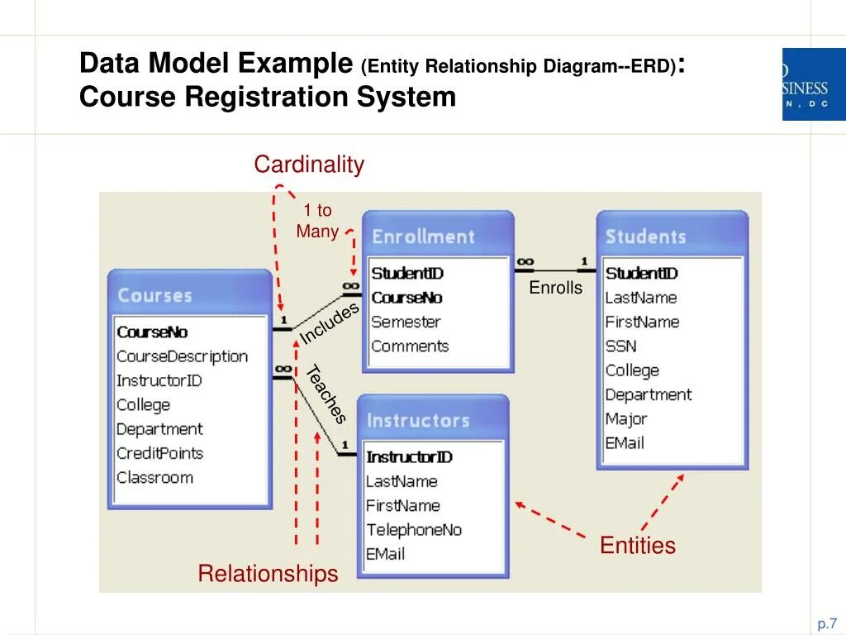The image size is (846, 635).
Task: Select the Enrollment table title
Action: pyautogui.click(x=423, y=236)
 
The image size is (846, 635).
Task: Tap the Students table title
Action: pyautogui.click(x=645, y=236)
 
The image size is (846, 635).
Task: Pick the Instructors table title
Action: pyautogui.click(x=418, y=420)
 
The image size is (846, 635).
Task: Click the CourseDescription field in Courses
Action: pyautogui.click(x=182, y=356)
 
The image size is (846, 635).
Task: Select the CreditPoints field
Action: pyautogui.click(x=159, y=453)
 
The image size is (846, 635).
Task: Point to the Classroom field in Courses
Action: pyautogui.click(x=154, y=477)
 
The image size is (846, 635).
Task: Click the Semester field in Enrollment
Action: pyautogui.click(x=406, y=322)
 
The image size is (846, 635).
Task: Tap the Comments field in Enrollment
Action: pyautogui.click(x=410, y=346)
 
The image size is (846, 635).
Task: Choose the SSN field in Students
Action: pyautogui.click(x=620, y=346)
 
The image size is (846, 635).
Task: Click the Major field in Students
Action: pyautogui.click(x=626, y=419)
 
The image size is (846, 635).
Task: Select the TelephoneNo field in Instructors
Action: pyautogui.click(x=414, y=530)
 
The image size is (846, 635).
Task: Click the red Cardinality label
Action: pyautogui.click(x=309, y=165)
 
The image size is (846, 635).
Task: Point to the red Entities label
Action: pyautogui.click(x=638, y=546)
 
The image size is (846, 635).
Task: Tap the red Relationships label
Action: pyautogui.click(x=268, y=574)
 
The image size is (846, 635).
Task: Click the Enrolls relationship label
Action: pyautogui.click(x=556, y=288)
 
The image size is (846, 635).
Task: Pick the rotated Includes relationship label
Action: pyautogui.click(x=330, y=323)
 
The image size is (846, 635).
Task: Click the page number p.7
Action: pyautogui.click(x=828, y=623)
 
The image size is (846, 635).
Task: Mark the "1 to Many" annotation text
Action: pyautogui.click(x=317, y=221)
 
